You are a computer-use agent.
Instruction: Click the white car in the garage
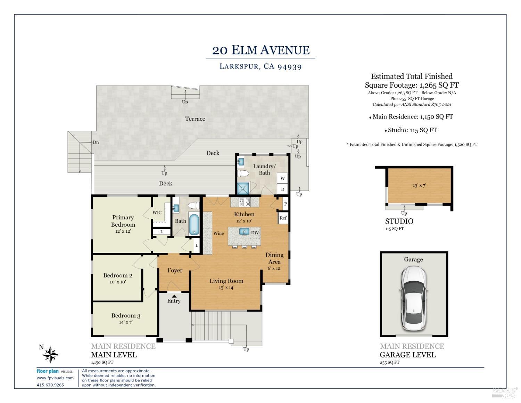pos(413,299)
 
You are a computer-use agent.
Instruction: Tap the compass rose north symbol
pos(50,354)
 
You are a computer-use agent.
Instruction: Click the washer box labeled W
pos(283,178)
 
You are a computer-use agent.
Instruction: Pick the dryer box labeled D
pos(283,190)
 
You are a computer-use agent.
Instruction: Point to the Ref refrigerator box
pos(283,218)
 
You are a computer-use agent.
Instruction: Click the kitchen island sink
pos(245,232)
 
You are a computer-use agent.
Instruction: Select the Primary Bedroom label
pos(123,221)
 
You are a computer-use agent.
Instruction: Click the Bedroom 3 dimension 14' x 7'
pos(126,322)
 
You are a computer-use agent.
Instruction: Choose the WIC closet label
pos(157,212)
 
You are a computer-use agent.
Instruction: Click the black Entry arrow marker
pos(174,296)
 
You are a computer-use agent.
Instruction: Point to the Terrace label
pos(195,119)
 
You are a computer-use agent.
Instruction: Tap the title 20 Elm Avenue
pos(260,50)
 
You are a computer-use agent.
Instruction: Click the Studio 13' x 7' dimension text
pos(419,185)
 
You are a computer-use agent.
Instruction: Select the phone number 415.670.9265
pos(50,385)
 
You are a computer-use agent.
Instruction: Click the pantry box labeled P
pos(285,204)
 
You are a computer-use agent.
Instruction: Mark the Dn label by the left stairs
pos(96,142)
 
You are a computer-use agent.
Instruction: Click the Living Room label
pos(226,281)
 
